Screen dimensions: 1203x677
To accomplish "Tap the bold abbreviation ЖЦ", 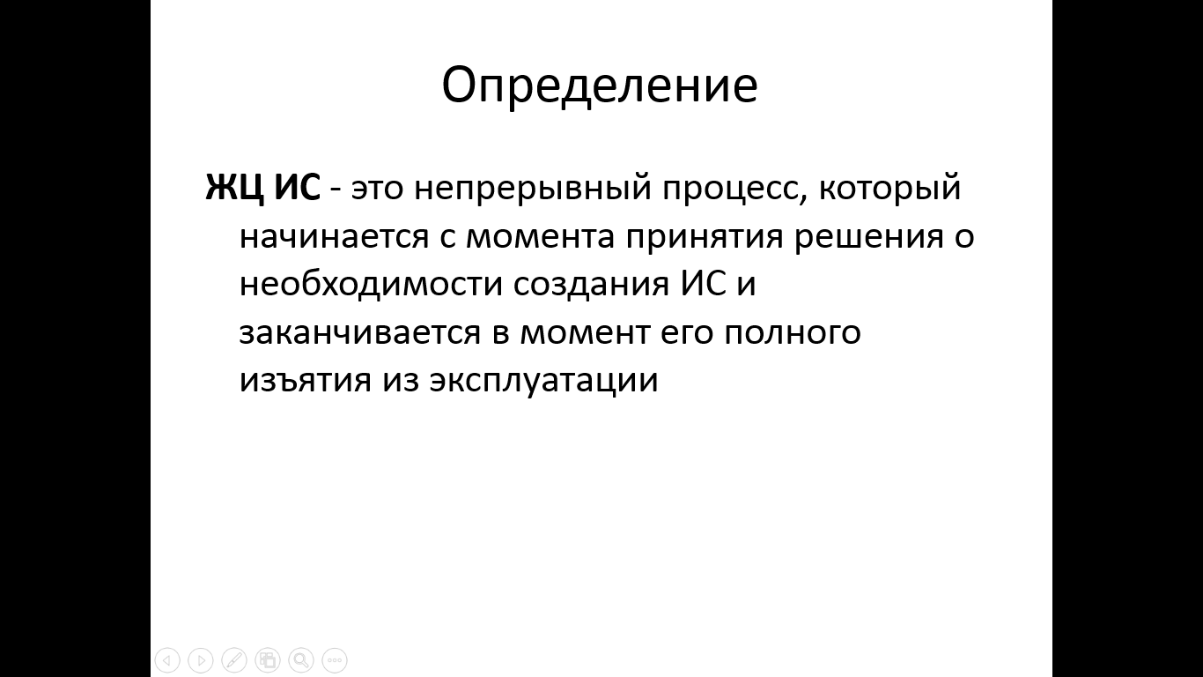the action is click(x=234, y=189).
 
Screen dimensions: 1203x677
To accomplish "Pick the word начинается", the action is click(x=334, y=237).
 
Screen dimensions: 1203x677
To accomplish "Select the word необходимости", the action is click(x=371, y=283).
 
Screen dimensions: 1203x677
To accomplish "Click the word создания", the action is click(x=591, y=285).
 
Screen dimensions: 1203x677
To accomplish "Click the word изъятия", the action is click(x=305, y=381).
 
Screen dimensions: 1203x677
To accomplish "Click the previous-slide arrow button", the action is click(x=167, y=659).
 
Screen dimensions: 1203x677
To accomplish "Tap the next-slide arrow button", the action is click(x=201, y=659).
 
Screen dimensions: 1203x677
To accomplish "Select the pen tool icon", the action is click(x=234, y=659).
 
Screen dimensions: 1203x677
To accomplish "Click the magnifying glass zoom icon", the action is click(x=301, y=659).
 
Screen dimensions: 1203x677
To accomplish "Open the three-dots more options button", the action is click(x=335, y=659).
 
